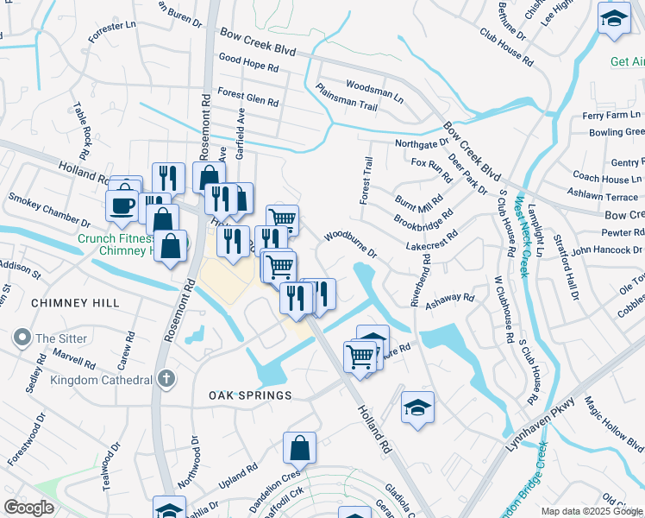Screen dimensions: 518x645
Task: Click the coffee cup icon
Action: (121, 206)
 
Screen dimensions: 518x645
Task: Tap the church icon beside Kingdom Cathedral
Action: (167, 379)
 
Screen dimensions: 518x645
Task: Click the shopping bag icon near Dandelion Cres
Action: (299, 448)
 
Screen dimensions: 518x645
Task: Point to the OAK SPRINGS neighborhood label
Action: (250, 395)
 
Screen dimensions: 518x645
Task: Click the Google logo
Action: (28, 508)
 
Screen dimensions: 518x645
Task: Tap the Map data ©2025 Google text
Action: (592, 511)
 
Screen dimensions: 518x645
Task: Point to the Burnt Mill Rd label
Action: (419, 203)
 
